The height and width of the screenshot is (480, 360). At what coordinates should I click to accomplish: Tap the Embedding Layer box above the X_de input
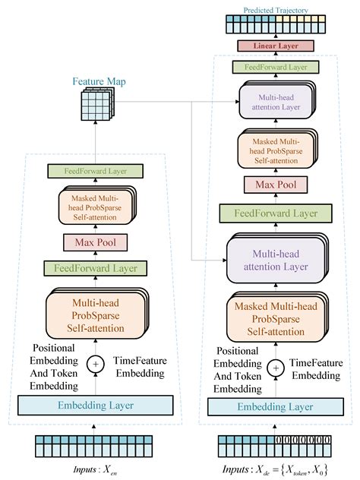(x=276, y=406)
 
